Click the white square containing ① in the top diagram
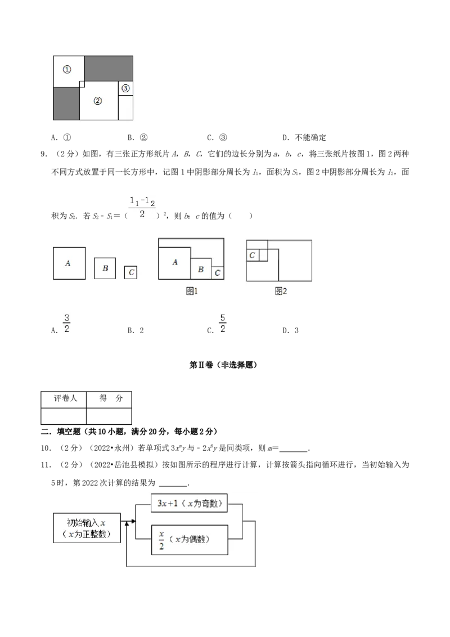tap(69, 71)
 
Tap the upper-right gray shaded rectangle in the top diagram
tap(109, 68)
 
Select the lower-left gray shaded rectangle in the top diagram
tap(66, 104)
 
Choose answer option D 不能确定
tap(304, 138)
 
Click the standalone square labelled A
tap(69, 263)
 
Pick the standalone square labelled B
tap(105, 268)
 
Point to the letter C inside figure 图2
tap(252, 255)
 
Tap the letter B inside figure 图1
tap(201, 269)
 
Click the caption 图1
tap(191, 291)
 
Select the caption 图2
tap(281, 291)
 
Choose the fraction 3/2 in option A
tap(66, 324)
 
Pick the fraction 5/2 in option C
tap(223, 324)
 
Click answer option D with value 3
tap(290, 331)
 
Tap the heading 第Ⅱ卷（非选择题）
tap(223, 365)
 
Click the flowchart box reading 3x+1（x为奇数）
tap(189, 503)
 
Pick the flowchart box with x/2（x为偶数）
tap(189, 540)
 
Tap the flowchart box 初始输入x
tap(87, 528)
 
